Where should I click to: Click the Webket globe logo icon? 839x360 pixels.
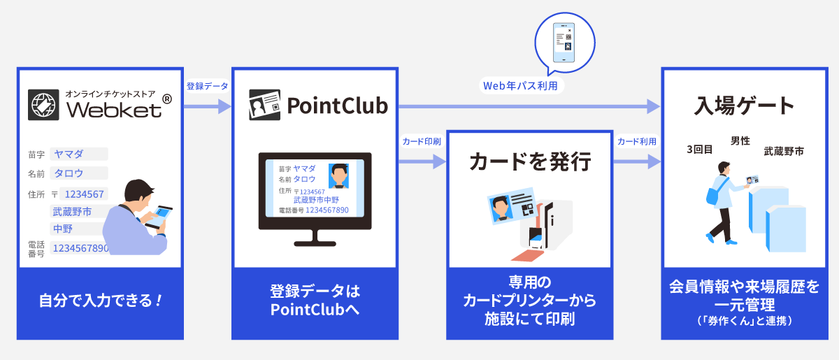point(44,105)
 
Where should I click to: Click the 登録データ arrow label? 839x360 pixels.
point(207,86)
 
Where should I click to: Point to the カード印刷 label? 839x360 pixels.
point(422,141)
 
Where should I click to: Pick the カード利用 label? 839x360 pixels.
point(636,141)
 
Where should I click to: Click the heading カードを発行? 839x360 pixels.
point(530,162)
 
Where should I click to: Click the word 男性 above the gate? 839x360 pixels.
point(740,141)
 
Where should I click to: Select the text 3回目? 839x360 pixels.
point(700,149)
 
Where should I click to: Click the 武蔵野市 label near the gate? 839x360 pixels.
point(783,150)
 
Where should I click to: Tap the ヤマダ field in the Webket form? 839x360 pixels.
point(78,154)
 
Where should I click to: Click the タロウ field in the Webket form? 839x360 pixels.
point(78,173)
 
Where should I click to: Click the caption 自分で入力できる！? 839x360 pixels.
point(101,302)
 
